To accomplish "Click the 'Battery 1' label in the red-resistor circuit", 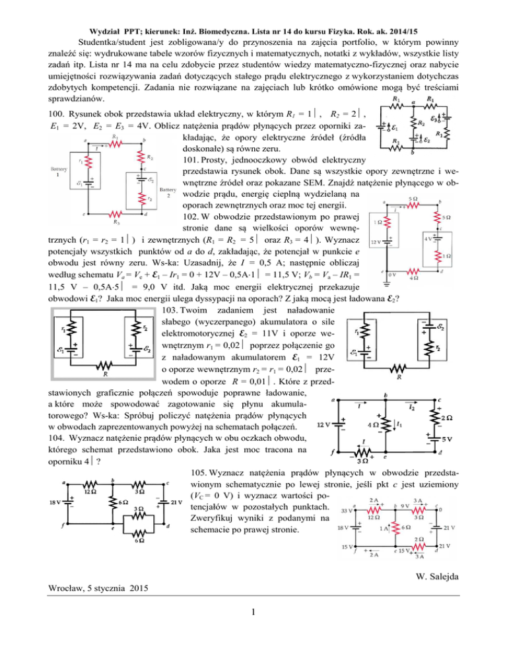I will (x=59, y=173).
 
